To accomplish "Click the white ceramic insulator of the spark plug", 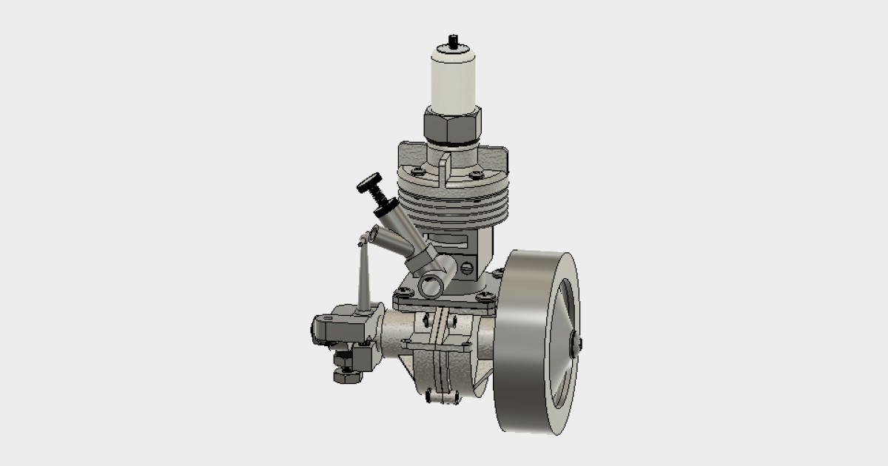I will [452, 78].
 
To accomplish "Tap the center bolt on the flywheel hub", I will [576, 343].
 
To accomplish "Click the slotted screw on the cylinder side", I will [467, 268].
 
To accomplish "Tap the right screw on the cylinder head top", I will [477, 175].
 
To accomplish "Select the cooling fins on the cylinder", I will [453, 207].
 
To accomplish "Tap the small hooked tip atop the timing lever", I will [363, 239].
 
